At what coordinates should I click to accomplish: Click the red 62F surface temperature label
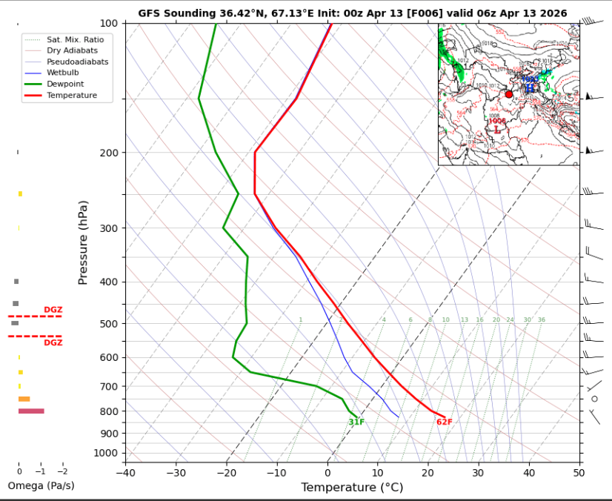pos(444,422)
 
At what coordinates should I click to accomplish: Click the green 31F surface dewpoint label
pos(356,422)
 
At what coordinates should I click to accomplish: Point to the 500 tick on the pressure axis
pos(107,324)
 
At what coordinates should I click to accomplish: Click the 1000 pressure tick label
pos(105,453)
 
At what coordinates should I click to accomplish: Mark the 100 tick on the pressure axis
pos(107,24)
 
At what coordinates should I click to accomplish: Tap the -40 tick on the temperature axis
pos(125,472)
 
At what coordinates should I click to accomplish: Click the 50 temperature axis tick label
pos(579,472)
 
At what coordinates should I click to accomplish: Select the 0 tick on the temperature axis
pos(327,472)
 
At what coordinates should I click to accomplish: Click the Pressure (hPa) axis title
pos(83,242)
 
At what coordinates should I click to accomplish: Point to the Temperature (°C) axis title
pos(352,487)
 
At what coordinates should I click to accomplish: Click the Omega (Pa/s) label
pos(41,485)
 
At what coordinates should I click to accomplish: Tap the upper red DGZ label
pos(53,310)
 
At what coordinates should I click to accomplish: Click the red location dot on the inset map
pos(508,94)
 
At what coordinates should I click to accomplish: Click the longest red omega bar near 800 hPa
pos(31,411)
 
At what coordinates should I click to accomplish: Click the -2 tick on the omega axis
pos(62,471)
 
